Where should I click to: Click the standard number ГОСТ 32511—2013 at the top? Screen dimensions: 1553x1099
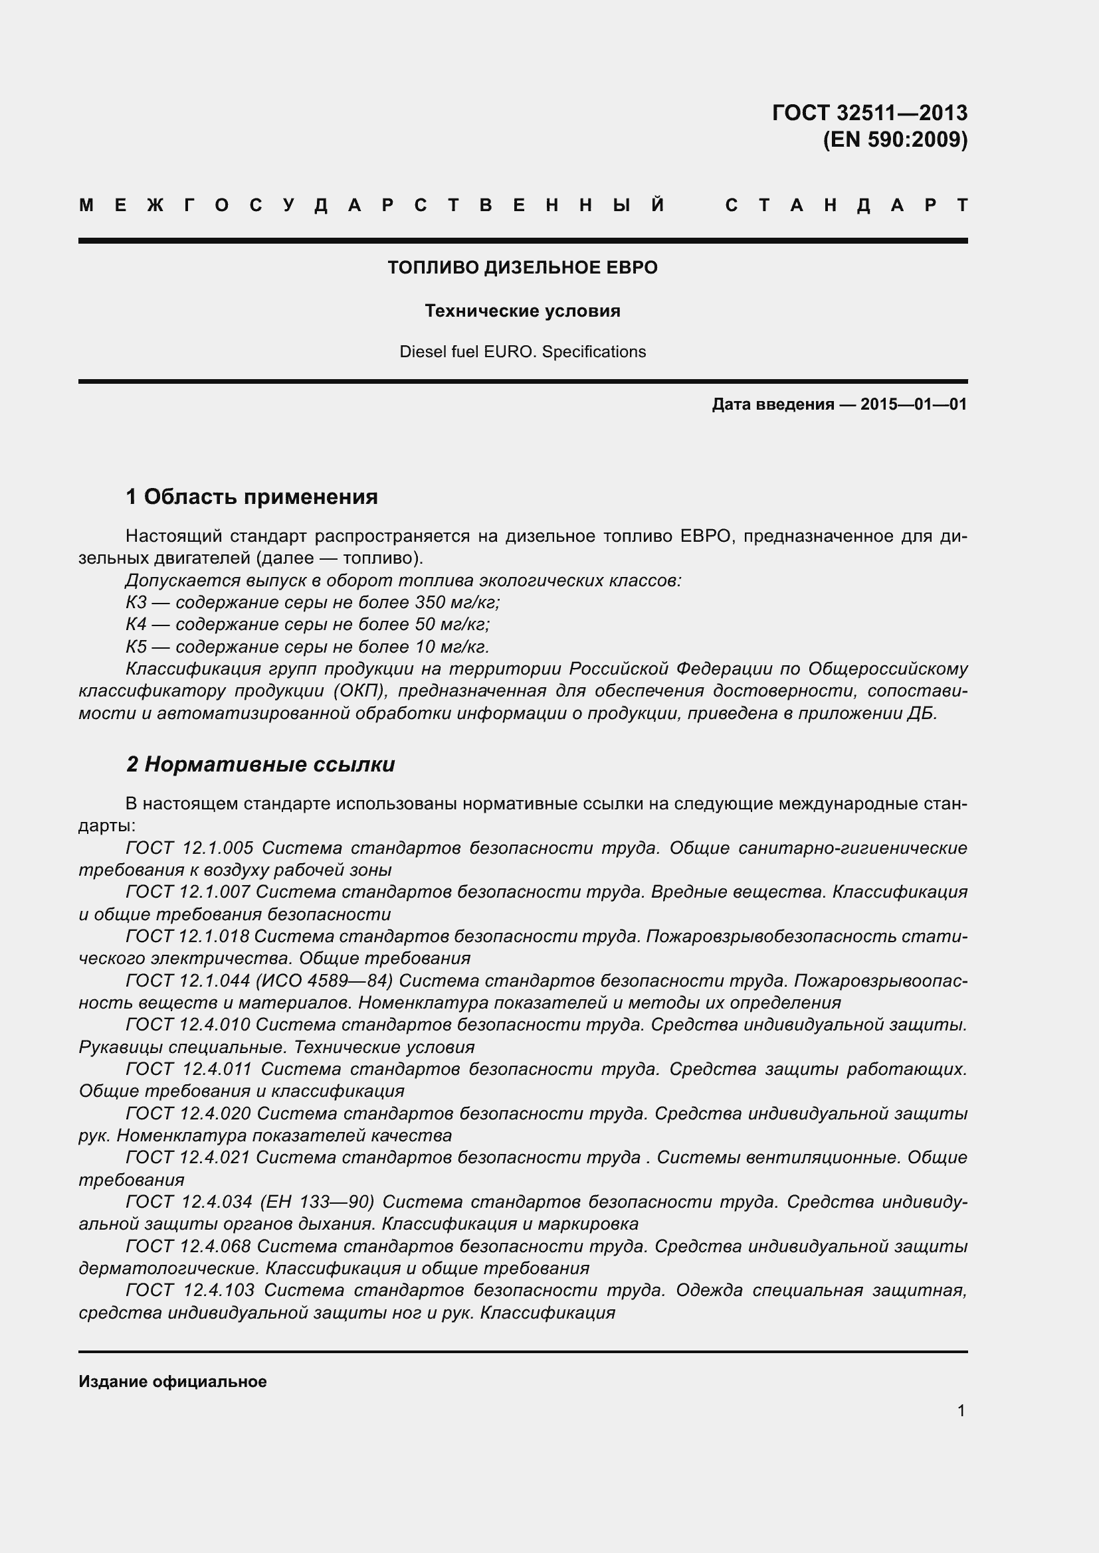tap(870, 112)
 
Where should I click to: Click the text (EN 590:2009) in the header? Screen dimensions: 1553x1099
tap(894, 139)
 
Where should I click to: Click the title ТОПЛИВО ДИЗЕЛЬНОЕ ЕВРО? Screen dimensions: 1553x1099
tap(522, 268)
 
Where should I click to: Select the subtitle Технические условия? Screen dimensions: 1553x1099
tap(522, 311)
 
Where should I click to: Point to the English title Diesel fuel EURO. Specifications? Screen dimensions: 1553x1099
tap(522, 352)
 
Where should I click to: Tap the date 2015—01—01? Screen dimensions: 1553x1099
tap(913, 404)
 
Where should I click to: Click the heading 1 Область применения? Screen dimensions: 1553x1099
tap(252, 497)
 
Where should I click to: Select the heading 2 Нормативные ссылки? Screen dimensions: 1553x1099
tap(260, 764)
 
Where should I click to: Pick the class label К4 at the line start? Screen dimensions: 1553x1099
tap(136, 624)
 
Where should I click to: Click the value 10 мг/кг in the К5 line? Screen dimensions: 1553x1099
tap(452, 647)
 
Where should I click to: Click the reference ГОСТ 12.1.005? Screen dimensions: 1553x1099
tap(189, 848)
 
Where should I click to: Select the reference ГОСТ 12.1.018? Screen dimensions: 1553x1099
tap(187, 937)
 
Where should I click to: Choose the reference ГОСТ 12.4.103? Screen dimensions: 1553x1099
tap(190, 1291)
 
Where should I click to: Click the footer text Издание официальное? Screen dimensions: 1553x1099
tap(173, 1382)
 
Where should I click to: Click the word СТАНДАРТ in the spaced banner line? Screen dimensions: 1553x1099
tap(846, 206)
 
